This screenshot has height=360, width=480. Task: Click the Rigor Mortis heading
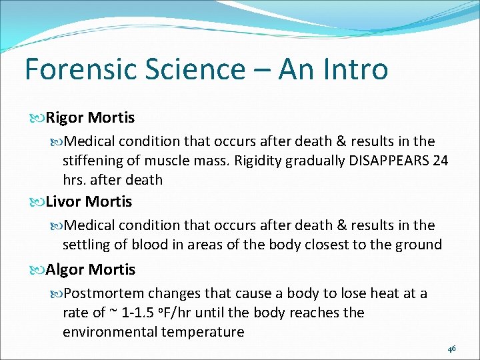pyautogui.click(x=90, y=118)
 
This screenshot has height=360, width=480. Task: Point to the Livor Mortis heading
pyautogui.click(x=89, y=201)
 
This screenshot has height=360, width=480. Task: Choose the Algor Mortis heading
pyautogui.click(x=90, y=269)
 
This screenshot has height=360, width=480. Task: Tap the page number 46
pyautogui.click(x=451, y=348)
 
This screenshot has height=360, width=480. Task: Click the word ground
pyautogui.click(x=419, y=245)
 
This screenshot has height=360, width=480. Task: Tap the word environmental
pyautogui.click(x=109, y=332)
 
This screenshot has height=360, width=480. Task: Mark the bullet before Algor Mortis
pyautogui.click(x=39, y=270)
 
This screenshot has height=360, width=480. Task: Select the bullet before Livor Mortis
pyautogui.click(x=39, y=202)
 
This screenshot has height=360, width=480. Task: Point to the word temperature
pyautogui.click(x=202, y=332)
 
